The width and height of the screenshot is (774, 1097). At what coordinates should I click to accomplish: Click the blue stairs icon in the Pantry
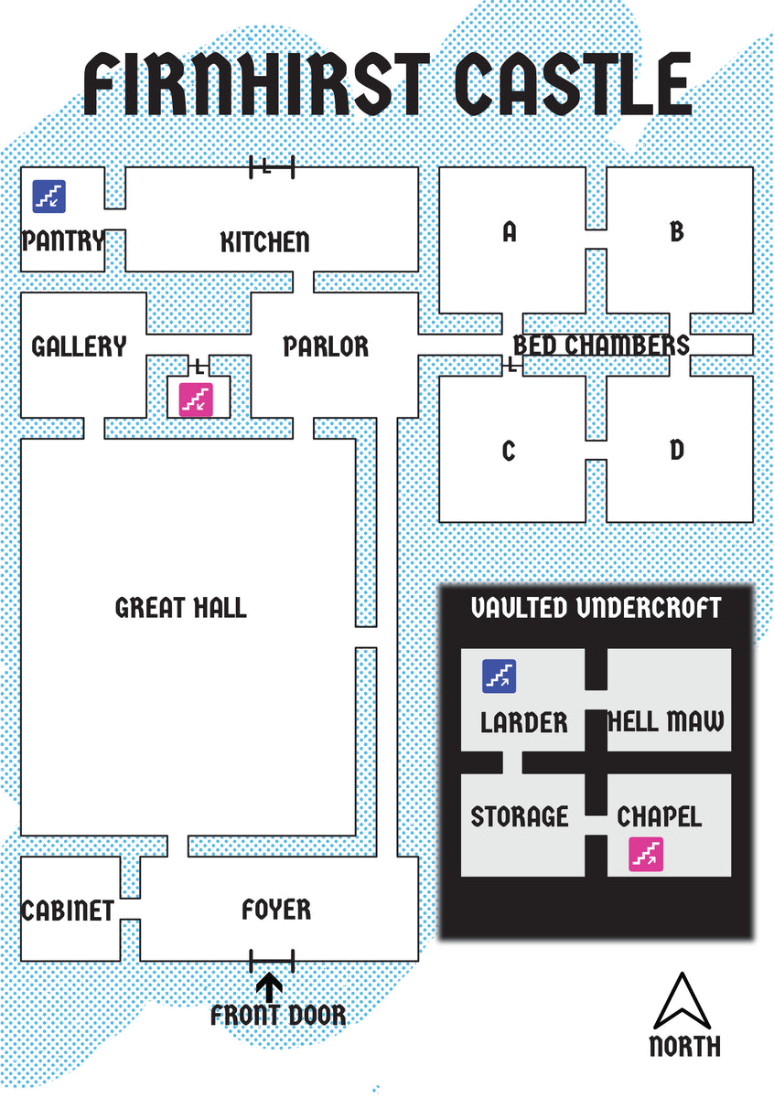click(49, 197)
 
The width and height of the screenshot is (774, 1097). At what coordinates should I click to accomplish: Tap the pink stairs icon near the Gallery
click(196, 399)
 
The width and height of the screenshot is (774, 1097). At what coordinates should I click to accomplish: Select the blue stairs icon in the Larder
click(499, 676)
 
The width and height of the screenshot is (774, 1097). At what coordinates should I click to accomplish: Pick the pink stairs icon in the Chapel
click(646, 855)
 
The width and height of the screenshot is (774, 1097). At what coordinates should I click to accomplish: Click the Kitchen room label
click(264, 242)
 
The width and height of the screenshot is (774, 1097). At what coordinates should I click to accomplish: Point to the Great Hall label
click(181, 608)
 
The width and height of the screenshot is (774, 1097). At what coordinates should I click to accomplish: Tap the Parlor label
click(326, 346)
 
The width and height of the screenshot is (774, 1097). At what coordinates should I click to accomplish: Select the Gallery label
click(79, 346)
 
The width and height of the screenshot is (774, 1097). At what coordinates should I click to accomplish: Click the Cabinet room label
click(68, 911)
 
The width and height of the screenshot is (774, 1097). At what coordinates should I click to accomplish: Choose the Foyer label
click(276, 910)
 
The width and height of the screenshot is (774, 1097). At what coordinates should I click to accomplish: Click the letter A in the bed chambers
click(510, 231)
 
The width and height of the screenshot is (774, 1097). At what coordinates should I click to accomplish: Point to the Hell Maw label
click(665, 721)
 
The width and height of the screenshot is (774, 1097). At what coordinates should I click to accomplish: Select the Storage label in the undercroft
click(520, 816)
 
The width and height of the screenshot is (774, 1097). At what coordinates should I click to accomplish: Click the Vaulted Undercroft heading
click(596, 608)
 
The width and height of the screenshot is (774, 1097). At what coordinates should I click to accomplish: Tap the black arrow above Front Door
click(269, 987)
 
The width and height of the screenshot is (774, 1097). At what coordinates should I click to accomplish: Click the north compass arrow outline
click(682, 1001)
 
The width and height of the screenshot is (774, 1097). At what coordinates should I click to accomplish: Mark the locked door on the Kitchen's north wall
click(272, 167)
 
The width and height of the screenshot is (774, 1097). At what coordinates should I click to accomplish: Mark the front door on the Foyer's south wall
click(272, 961)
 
